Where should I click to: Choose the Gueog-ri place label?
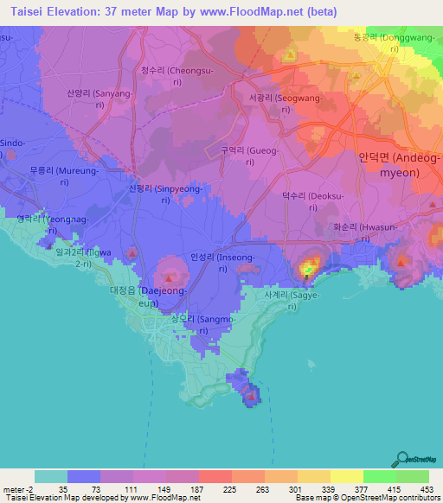(x=249, y=156)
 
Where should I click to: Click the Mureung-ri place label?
(x=54, y=177)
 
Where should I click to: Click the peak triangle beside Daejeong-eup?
(x=170, y=278)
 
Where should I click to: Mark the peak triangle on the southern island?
(x=251, y=396)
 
